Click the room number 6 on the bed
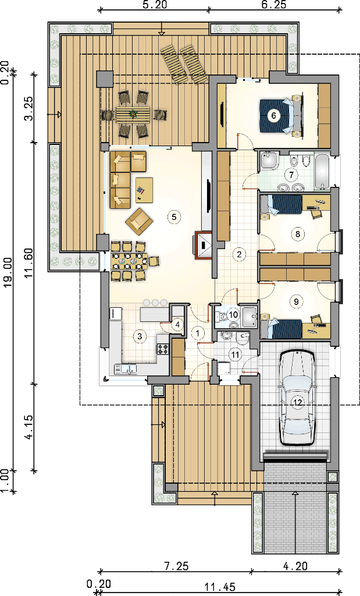coord(273,115)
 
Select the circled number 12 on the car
coord(298,403)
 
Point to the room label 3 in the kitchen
coord(140,336)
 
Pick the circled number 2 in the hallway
coord(239,254)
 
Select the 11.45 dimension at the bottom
coord(220,587)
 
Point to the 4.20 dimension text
coord(295,566)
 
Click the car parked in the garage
coord(298,398)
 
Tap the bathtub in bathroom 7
coord(323,172)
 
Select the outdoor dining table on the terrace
coord(133,113)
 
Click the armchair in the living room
coord(140,221)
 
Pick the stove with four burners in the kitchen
coord(162,349)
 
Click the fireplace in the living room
coord(204,246)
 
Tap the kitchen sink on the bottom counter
coord(126,368)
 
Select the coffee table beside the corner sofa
coord(144,190)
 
